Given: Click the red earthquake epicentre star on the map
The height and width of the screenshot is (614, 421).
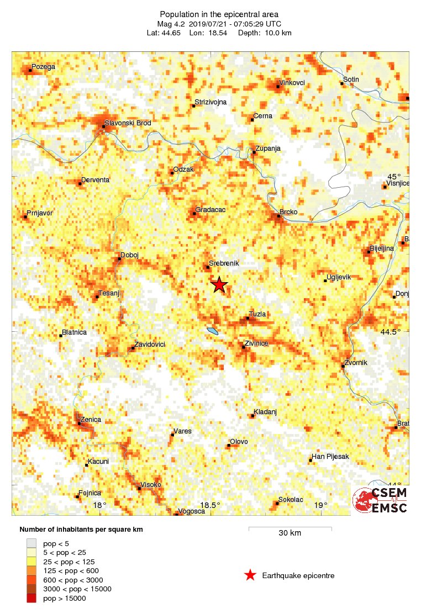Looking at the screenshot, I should point(219,285).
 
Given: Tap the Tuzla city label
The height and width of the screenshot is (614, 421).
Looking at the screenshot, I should point(257,314).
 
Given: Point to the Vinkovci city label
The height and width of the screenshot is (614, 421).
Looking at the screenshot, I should point(292,83).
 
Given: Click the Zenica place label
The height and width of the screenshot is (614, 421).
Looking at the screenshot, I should point(91,420).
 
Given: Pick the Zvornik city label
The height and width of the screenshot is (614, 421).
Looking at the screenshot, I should point(356,363).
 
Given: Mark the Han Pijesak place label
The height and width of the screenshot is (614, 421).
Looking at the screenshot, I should point(330,457).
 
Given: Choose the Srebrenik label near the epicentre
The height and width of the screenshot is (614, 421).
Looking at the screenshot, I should point(224,264).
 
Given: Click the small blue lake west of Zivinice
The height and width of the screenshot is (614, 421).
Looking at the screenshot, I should point(213,331).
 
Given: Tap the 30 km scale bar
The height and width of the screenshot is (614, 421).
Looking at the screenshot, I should point(290,529).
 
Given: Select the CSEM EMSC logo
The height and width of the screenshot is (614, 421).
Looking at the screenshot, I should point(381,500).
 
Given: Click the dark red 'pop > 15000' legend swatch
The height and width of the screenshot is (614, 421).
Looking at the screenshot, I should point(32,598).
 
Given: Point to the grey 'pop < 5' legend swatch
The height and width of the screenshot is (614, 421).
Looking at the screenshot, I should point(32,544).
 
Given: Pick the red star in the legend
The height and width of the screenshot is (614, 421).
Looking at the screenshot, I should point(250,575).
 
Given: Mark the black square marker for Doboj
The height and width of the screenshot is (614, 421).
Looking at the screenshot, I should point(120,258).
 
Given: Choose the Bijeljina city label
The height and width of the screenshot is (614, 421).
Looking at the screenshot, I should point(382,248).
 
